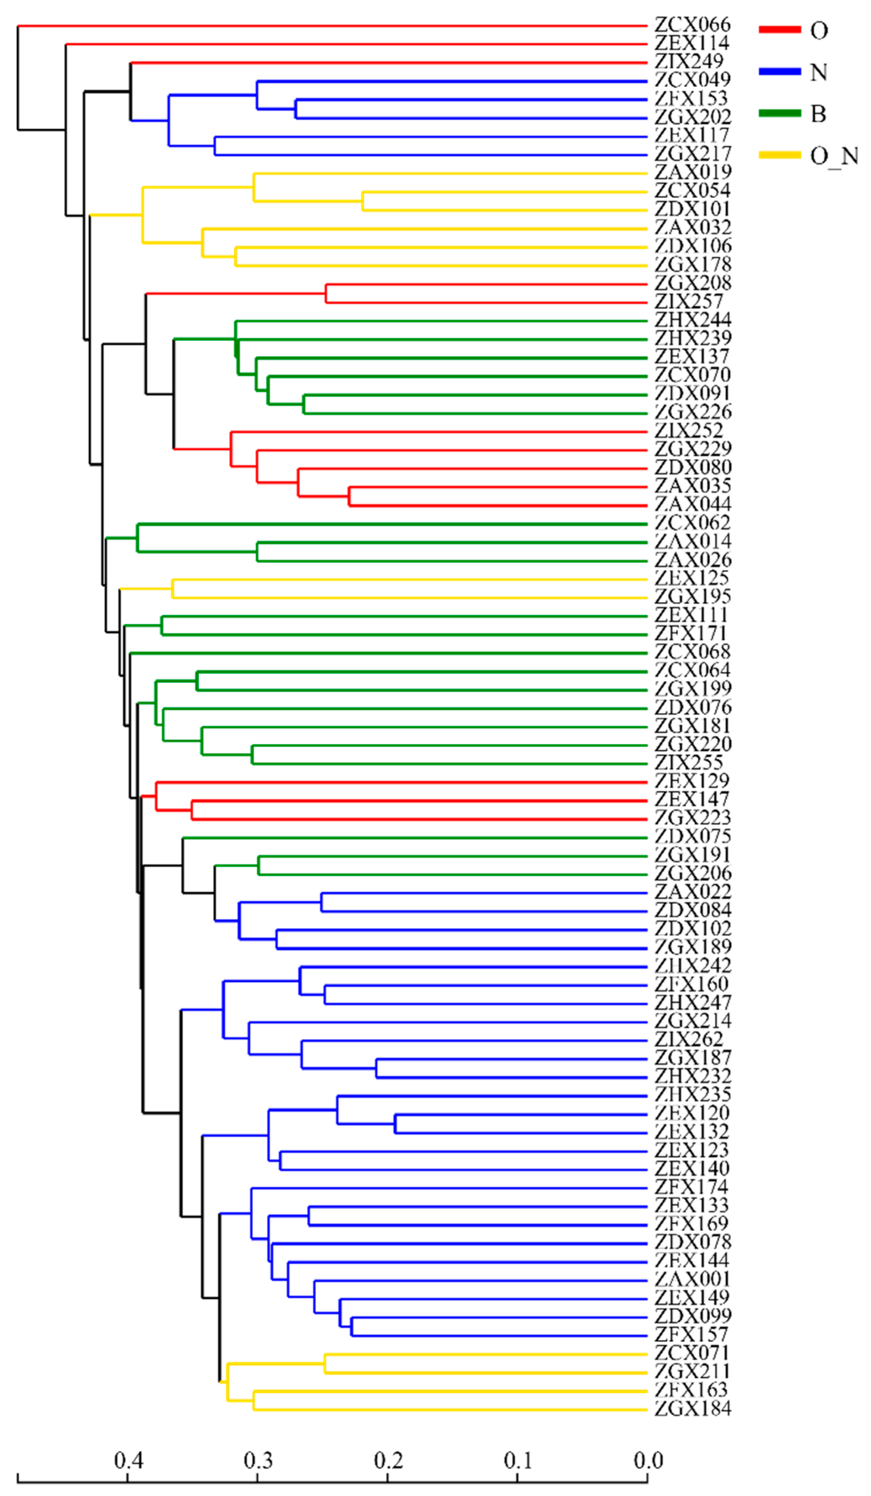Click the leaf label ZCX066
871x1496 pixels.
(x=692, y=25)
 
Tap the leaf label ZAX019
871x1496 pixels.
(x=693, y=172)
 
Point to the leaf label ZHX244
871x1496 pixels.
(x=693, y=320)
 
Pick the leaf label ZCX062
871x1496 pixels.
(x=692, y=523)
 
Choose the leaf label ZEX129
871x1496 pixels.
(x=692, y=781)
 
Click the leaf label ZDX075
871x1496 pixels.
(x=693, y=837)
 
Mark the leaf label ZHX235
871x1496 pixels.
(x=693, y=1094)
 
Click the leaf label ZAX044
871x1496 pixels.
(x=693, y=504)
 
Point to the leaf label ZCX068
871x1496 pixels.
(x=692, y=652)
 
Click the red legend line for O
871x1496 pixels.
(x=779, y=30)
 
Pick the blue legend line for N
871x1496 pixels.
(x=779, y=72)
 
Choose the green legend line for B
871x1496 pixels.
(x=779, y=113)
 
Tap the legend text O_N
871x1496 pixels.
(x=834, y=156)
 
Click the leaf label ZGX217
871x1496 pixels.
(x=693, y=154)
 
